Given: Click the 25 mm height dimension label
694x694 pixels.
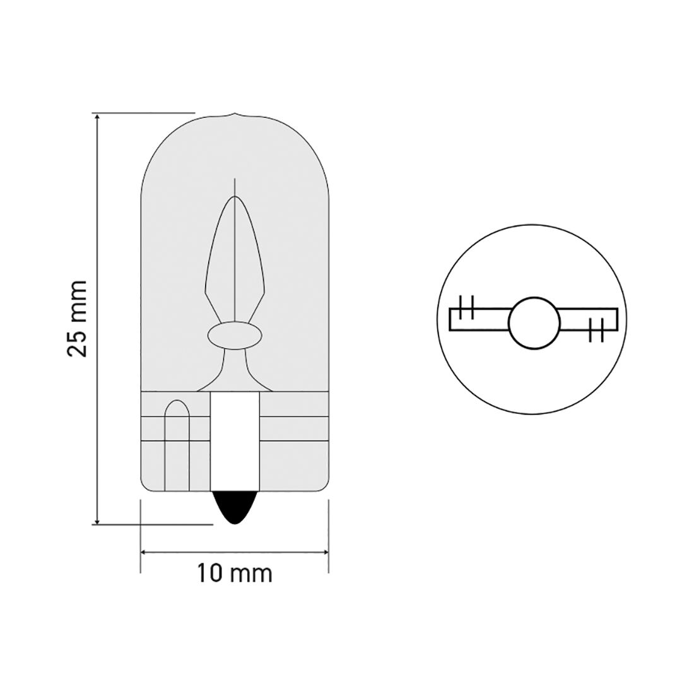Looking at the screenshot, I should [77, 318].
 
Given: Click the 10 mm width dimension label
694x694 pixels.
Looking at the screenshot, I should [234, 573].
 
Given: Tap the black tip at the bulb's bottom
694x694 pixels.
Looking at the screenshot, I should [234, 509].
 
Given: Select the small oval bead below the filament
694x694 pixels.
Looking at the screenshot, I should [234, 336].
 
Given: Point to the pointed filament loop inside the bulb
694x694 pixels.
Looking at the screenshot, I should [234, 252].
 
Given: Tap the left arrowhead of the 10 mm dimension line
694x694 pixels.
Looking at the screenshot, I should [143, 553].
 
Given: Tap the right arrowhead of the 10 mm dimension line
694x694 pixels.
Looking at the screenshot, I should [324, 553].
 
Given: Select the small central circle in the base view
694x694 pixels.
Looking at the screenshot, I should [534, 322].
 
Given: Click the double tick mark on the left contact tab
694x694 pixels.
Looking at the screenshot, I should [466, 307].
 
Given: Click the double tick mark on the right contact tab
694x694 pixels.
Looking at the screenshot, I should [596, 330].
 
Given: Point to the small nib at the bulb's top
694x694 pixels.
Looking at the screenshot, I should [234, 116].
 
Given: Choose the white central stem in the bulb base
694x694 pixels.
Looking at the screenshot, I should [234, 442].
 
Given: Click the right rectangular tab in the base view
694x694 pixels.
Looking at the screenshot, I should [588, 319].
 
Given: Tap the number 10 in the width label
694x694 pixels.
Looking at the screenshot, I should [210, 573].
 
